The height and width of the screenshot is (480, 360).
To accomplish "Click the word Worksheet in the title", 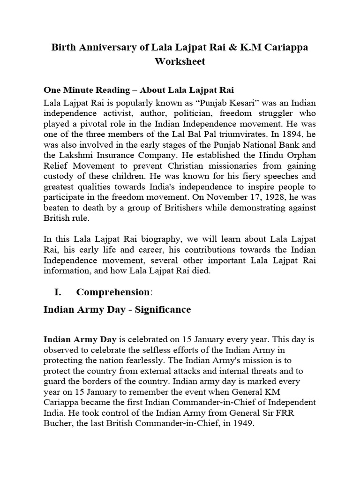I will (x=180, y=61).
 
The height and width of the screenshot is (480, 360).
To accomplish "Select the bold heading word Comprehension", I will (x=112, y=292).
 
